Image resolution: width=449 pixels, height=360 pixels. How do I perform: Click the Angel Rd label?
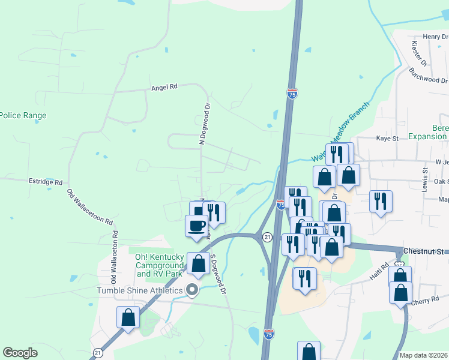(x=164, y=87)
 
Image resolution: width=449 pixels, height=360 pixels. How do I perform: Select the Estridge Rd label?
(x=46, y=181)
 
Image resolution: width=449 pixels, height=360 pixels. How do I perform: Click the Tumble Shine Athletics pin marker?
(x=193, y=291)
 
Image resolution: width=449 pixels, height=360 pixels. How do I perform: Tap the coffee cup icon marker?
(x=197, y=226)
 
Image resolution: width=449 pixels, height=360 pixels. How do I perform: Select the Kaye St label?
(x=387, y=139)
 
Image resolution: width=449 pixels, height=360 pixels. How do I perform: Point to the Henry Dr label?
(x=435, y=37)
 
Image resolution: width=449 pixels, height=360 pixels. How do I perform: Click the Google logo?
(x=20, y=353)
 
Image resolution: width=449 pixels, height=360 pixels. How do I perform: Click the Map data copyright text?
(x=424, y=355)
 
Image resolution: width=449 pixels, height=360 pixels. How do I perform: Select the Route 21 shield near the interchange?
(x=268, y=238)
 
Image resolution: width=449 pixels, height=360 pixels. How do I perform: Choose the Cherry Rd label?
(x=426, y=302)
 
